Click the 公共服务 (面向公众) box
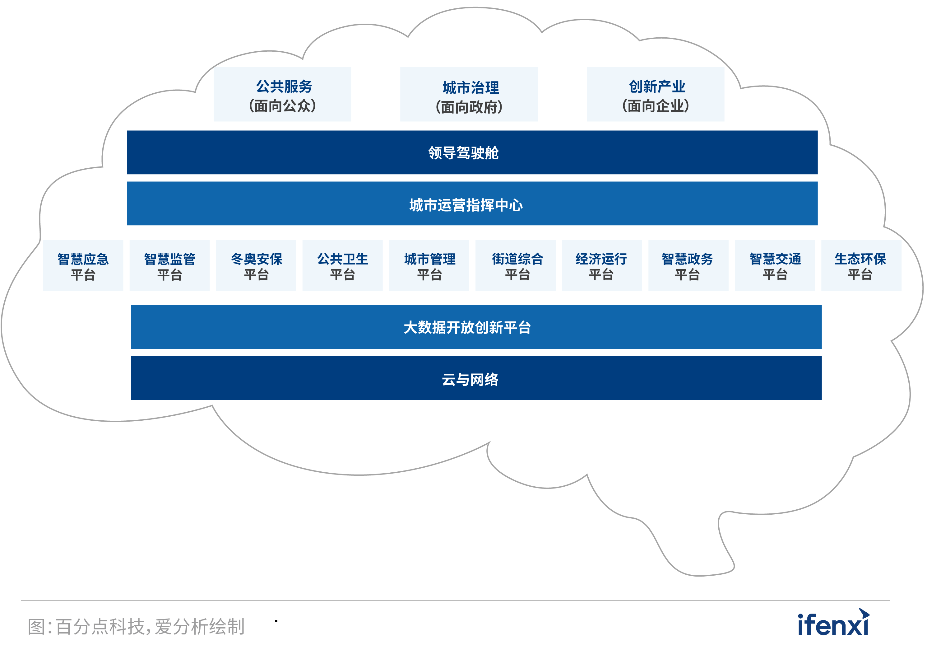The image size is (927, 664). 282,95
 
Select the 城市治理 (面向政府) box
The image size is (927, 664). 469,95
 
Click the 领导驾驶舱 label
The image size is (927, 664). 463,153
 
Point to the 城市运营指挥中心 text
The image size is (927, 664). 466,205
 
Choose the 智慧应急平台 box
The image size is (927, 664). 83,266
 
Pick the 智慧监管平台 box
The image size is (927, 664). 169,266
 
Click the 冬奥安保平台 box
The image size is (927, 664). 256,266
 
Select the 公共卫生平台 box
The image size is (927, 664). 342,266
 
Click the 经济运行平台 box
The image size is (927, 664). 602,266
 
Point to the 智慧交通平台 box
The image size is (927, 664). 775,266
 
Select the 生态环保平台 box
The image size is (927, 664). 861,266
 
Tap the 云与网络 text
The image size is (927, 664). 470,379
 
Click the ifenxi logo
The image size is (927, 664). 833,624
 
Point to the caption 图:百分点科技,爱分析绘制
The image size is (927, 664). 136,627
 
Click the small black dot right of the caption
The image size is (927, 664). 276,621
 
